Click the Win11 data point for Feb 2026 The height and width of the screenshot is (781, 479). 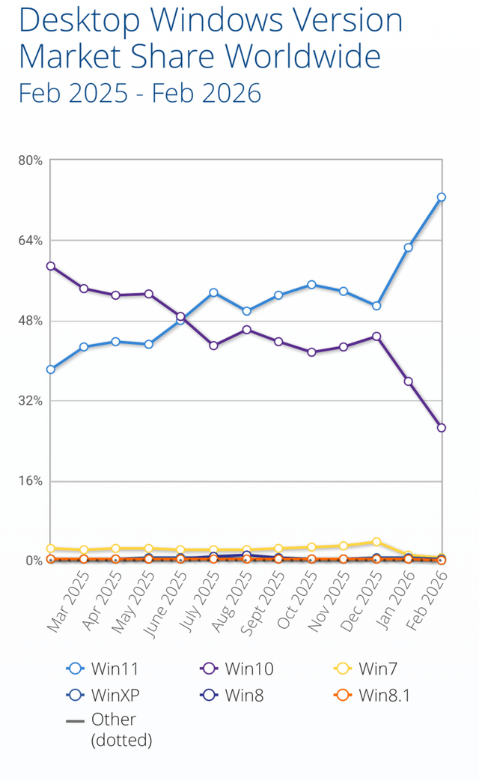click(x=442, y=197)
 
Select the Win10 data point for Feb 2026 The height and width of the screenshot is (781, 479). click(x=442, y=428)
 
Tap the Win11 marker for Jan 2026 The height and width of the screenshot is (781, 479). click(x=409, y=247)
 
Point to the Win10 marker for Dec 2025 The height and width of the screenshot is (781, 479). click(x=376, y=337)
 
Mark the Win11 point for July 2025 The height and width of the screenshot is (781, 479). click(x=213, y=292)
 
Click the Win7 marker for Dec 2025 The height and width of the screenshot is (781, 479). click(x=376, y=542)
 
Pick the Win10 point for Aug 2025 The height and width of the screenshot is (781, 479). click(x=246, y=330)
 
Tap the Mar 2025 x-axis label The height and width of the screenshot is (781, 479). click(x=70, y=602)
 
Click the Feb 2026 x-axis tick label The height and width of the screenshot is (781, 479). click(x=429, y=602)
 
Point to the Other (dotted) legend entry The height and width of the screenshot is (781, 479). click(x=112, y=729)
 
